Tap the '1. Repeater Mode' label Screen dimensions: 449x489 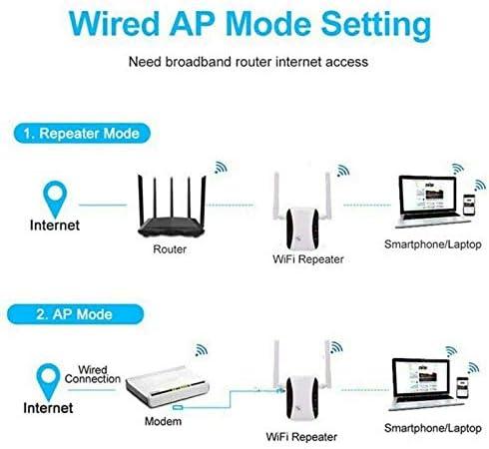pos(84,131)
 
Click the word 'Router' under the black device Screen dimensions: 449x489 pos(170,249)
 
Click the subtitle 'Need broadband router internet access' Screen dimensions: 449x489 pos(247,62)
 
